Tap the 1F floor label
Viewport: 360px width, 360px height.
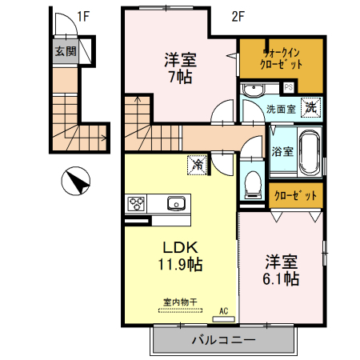coord(83,14)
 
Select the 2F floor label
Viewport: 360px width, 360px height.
coord(238,14)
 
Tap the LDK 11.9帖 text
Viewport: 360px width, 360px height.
coord(181,254)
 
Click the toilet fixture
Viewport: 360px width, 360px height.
coord(254,182)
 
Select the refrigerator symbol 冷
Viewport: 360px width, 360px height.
coord(196,166)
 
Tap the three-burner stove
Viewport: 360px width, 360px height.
coord(136,203)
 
